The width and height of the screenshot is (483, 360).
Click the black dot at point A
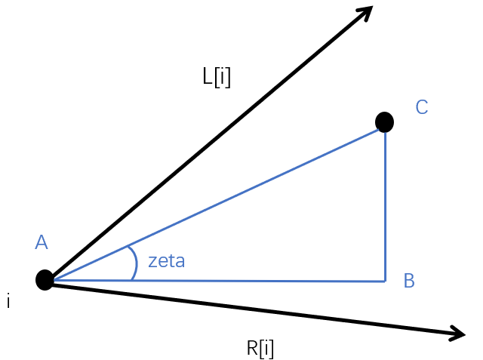click(x=45, y=280)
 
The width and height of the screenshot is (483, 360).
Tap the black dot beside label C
click(x=384, y=122)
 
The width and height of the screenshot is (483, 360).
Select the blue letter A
click(x=42, y=242)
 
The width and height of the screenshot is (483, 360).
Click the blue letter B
click(x=409, y=282)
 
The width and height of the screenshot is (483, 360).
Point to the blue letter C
click(x=422, y=108)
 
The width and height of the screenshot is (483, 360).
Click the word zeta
click(x=166, y=262)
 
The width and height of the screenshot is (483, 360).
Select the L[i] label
click(x=217, y=77)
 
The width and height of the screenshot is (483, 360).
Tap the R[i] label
click(x=260, y=349)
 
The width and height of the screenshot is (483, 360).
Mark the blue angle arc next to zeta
click(x=134, y=263)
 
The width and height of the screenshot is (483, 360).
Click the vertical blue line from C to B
click(x=385, y=204)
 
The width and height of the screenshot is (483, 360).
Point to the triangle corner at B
click(x=385, y=282)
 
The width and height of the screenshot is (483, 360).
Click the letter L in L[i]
click(x=208, y=77)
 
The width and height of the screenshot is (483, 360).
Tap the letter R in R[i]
click(x=253, y=349)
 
